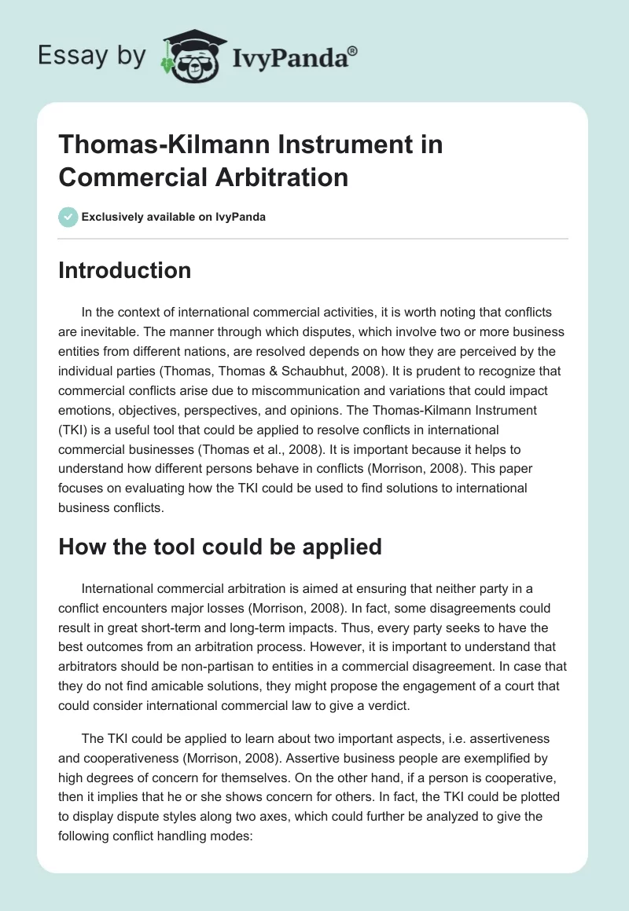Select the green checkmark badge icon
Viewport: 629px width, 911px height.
[68, 217]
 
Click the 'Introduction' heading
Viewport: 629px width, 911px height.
[124, 270]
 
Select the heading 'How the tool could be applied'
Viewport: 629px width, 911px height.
[220, 547]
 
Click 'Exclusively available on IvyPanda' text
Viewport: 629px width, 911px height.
[173, 217]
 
